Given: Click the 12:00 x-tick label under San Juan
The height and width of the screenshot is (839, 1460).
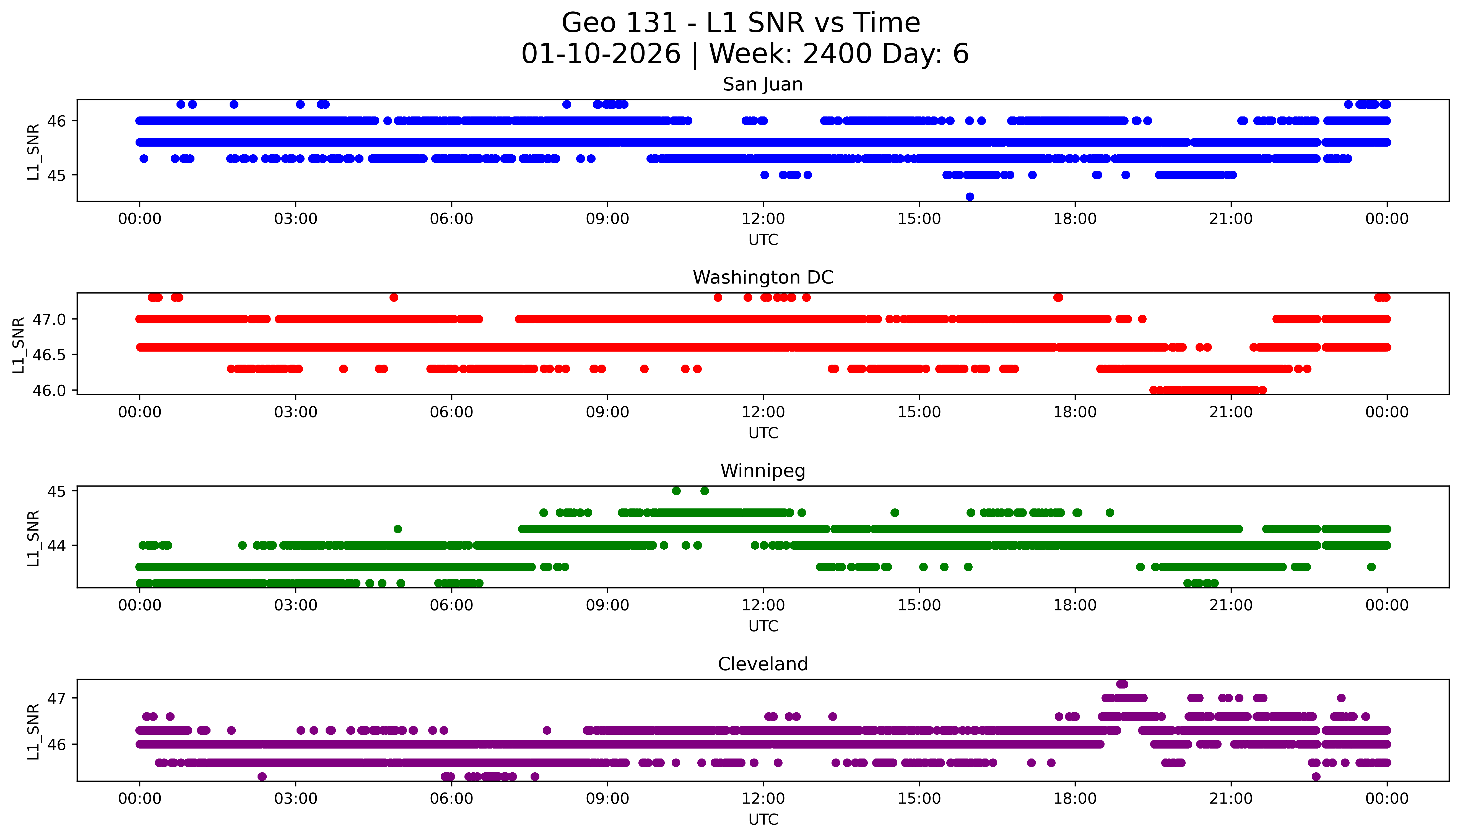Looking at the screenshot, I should point(763,219).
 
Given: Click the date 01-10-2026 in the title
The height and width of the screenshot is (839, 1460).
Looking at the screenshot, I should point(601,54).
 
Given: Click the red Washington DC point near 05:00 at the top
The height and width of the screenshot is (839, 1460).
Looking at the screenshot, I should point(394,297).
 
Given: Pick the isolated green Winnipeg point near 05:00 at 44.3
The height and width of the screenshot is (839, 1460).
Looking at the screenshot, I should point(398,529).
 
